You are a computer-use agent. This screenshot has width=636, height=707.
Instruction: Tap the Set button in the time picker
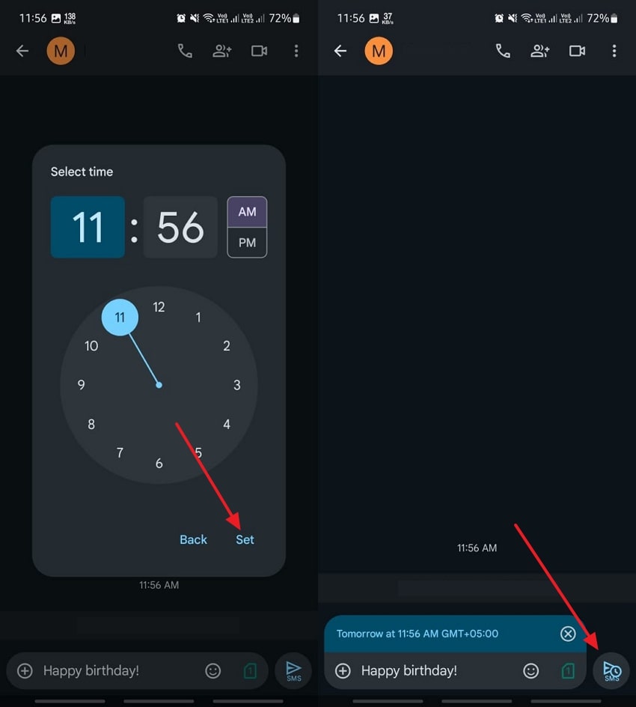coord(245,540)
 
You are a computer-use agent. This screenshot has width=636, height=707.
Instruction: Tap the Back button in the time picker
coord(193,540)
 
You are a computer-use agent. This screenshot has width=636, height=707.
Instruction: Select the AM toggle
coord(247,212)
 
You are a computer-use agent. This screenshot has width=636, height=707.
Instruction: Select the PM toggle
coord(247,243)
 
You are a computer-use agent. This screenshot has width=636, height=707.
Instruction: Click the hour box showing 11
coord(88,227)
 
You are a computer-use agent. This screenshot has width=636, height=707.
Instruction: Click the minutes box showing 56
coord(180,227)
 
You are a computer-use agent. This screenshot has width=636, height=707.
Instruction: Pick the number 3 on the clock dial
coord(237,385)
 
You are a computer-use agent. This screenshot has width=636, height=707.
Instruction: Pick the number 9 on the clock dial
coord(81,385)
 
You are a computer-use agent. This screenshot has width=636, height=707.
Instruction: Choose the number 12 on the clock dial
coord(159,307)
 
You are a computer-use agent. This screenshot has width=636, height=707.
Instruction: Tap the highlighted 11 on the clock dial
coord(120,318)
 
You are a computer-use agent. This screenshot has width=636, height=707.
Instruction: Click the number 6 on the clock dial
coord(159,463)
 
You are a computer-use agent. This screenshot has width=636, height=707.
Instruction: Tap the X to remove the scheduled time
coord(568,634)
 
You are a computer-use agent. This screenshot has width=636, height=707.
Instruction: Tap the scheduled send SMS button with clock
coord(611,670)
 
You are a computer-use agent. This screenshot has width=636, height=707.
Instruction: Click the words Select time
coord(82,172)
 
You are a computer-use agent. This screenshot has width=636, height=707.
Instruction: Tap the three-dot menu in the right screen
coord(614,50)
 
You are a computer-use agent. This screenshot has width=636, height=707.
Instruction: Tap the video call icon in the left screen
coord(259,50)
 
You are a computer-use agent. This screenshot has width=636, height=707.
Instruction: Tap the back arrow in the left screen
coord(22,50)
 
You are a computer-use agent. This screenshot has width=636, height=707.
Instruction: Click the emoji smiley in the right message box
coord(530,670)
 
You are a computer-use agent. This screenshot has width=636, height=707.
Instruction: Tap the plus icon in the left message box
coord(25,670)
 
